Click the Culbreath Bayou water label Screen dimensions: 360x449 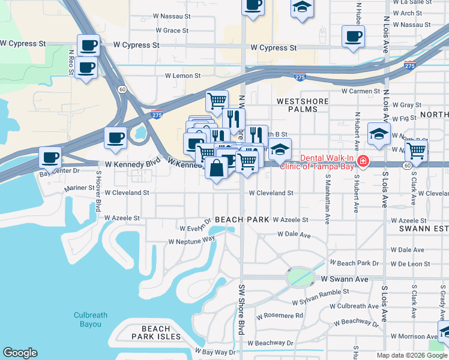(x=91, y=319)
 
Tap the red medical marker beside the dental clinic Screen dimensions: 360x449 (x=363, y=161)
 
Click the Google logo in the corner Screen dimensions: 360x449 (x=20, y=353)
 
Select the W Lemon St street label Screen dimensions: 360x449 (x=183, y=76)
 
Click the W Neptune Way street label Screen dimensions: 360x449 (x=191, y=241)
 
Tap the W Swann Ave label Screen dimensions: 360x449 (x=344, y=279)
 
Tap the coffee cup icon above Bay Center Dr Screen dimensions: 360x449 (x=50, y=158)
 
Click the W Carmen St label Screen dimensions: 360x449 (x=361, y=91)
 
